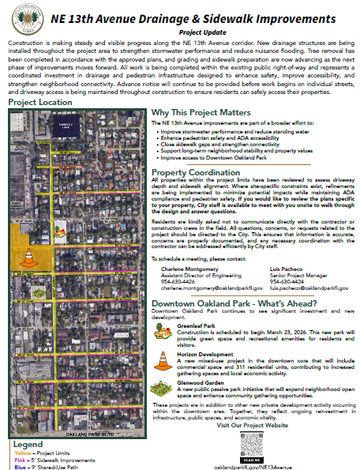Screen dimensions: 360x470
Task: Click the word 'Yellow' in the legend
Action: pyautogui.click(x=20, y=454)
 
